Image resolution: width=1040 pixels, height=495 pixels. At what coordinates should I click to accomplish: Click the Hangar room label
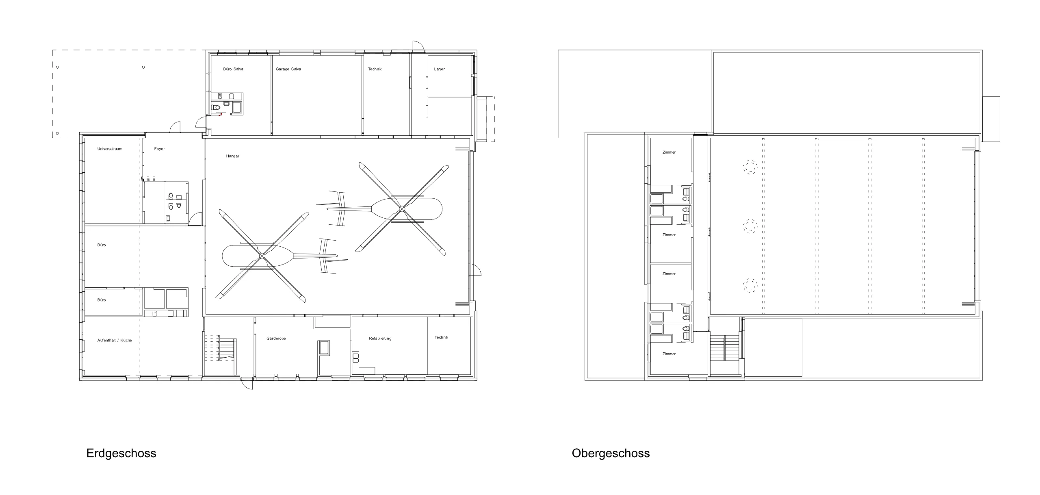[x=233, y=156]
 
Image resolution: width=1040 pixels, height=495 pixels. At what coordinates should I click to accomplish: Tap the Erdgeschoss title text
[x=121, y=453]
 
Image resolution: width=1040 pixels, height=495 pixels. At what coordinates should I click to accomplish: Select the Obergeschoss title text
[x=611, y=453]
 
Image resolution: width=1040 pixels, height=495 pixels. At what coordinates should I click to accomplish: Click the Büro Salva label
[x=233, y=69]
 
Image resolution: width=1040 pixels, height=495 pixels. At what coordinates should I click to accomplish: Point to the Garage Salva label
[x=288, y=69]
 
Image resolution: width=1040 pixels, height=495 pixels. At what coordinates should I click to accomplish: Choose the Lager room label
[x=439, y=69]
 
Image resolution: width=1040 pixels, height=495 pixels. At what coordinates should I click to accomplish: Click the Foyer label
[x=160, y=149]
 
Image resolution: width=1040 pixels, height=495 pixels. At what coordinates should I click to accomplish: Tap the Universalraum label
[x=110, y=149]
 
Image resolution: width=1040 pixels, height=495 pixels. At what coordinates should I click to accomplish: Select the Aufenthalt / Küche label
[x=115, y=340]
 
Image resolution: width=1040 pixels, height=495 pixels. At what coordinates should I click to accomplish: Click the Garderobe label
[x=276, y=338]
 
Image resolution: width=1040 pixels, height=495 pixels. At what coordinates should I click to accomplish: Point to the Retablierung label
[x=380, y=338]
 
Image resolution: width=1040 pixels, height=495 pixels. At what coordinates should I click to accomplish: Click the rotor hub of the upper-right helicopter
[x=402, y=209]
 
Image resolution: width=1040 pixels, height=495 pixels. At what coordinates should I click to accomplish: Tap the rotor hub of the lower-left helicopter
[x=262, y=256]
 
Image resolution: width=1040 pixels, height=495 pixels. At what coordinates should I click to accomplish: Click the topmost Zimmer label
[x=669, y=152]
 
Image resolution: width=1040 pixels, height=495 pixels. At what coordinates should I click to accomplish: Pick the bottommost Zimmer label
[x=669, y=354]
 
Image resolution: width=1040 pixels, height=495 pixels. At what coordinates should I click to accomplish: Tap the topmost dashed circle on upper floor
[x=750, y=167]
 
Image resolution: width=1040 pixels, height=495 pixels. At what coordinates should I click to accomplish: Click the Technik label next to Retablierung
[x=441, y=337]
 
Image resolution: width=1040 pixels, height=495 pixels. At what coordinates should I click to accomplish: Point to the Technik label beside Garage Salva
[x=375, y=69]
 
